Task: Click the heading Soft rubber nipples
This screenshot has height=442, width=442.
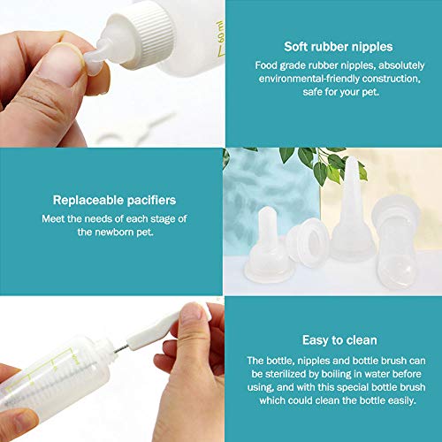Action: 339,47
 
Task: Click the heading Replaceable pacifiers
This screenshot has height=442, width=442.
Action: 114,201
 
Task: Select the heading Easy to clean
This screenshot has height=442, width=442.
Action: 339,340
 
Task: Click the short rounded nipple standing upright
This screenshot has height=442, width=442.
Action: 268,245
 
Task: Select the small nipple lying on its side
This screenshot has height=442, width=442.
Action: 307,242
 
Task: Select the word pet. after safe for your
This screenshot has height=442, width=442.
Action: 370,92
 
